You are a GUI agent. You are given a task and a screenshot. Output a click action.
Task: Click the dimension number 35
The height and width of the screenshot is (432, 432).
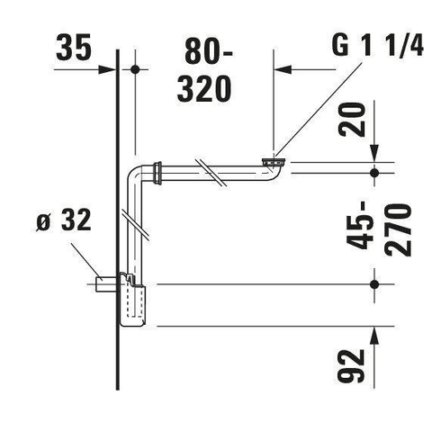click(73, 47)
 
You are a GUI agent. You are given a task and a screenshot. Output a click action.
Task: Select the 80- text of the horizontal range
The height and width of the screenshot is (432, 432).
click(209, 52)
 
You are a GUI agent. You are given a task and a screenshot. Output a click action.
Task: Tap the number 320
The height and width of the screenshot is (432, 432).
click(204, 89)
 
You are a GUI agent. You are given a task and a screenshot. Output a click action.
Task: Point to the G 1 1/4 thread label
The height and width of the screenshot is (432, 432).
click(378, 45)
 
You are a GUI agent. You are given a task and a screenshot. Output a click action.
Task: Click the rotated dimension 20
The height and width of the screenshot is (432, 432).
click(352, 120)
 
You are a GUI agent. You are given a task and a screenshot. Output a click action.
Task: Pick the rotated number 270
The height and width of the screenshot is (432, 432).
click(398, 229)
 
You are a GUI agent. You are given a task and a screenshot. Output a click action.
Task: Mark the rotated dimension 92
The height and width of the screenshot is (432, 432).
click(351, 366)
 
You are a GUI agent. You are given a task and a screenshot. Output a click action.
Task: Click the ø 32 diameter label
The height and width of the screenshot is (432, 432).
click(64, 220)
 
